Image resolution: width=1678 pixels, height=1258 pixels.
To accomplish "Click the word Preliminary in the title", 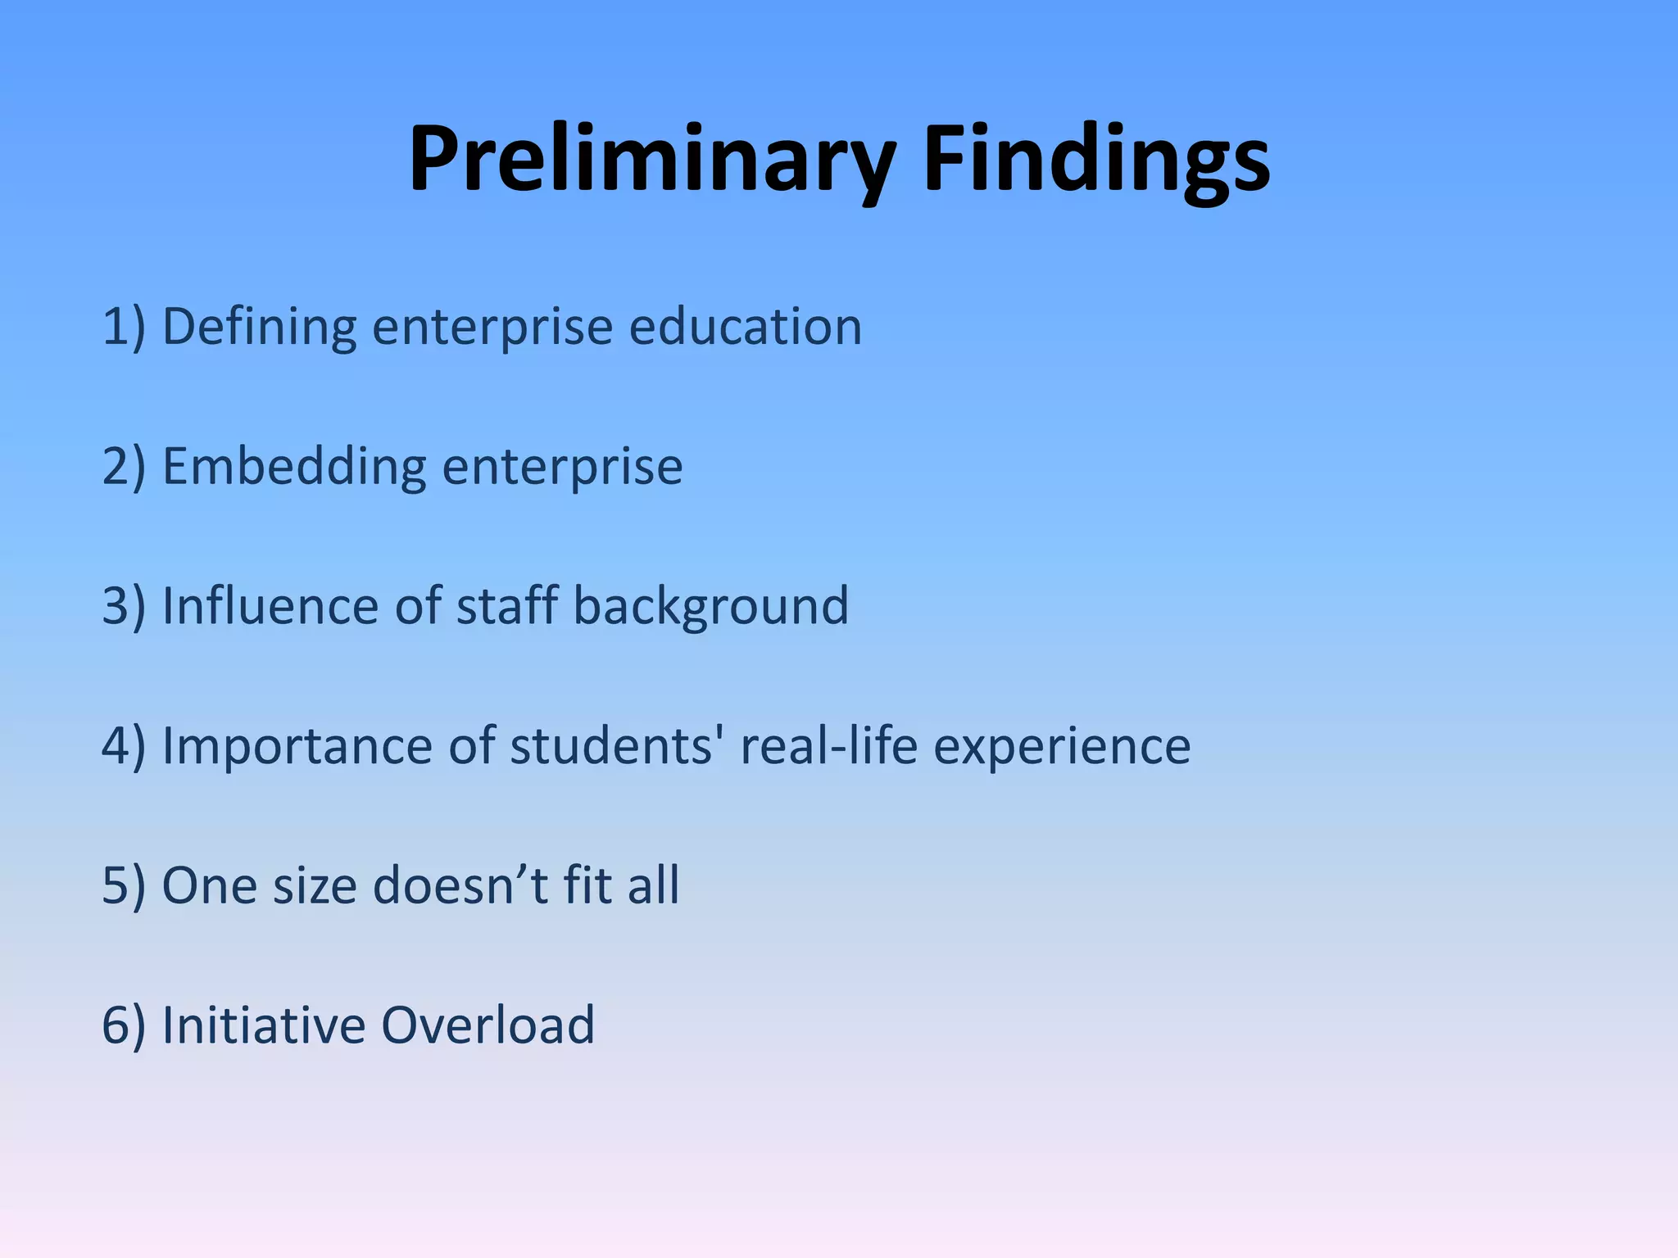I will pyautogui.click(x=652, y=160).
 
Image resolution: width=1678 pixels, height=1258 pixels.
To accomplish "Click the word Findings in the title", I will pyautogui.click(x=1095, y=160).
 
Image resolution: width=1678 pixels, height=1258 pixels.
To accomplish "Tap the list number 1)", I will pyautogui.click(x=124, y=327).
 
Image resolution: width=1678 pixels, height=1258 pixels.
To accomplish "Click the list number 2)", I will pyautogui.click(x=124, y=467).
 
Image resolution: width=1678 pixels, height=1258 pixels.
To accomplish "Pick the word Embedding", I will pyautogui.click(x=294, y=467).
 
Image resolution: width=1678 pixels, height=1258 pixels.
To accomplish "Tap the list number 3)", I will pyautogui.click(x=124, y=607).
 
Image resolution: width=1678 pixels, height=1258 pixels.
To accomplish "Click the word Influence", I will pyautogui.click(x=270, y=607).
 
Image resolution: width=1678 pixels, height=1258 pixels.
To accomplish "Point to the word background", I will pyautogui.click(x=710, y=607).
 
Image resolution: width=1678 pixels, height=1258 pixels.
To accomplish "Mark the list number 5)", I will pyautogui.click(x=124, y=886).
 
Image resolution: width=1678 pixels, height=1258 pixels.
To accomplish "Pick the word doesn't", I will pyautogui.click(x=460, y=886).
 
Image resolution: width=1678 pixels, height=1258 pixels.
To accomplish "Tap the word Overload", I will pyautogui.click(x=488, y=1025).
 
